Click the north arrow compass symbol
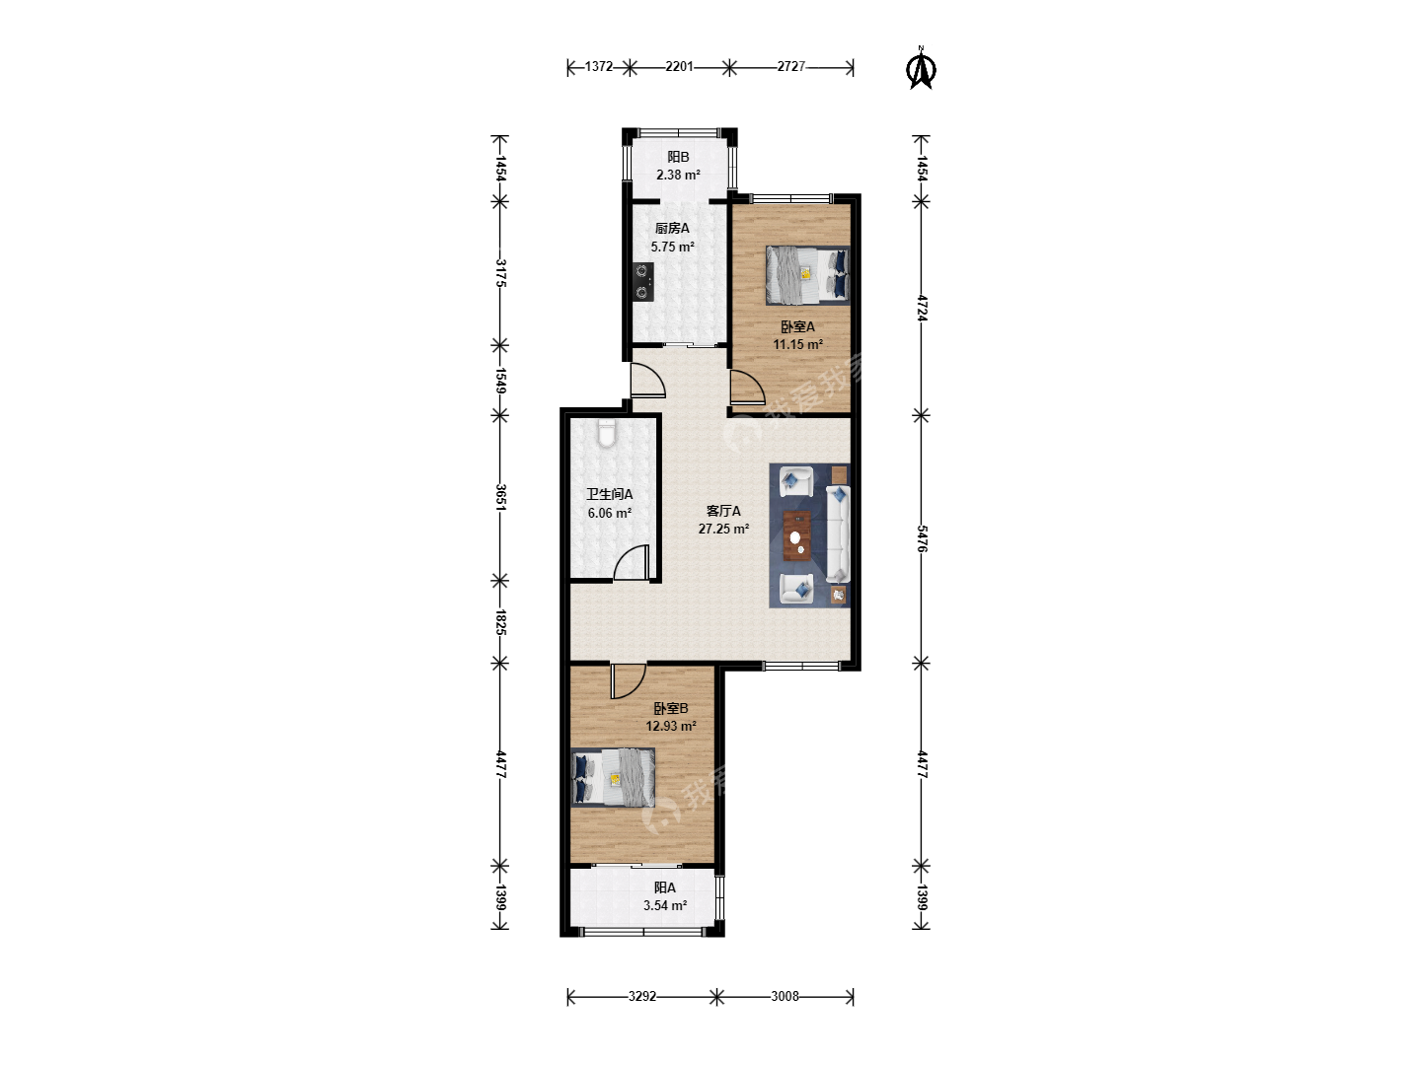tap(921, 68)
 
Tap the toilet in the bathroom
tap(606, 434)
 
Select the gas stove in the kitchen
tap(642, 281)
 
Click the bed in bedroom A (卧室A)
tap(807, 275)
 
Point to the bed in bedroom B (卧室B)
tap(613, 777)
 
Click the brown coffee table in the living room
tap(797, 535)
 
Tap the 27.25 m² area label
tap(723, 529)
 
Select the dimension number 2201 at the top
tap(679, 67)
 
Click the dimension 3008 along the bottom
tap(785, 996)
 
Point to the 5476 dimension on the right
tap(922, 538)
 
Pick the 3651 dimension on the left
tap(500, 497)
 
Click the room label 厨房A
tap(672, 228)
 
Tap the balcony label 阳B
tap(678, 157)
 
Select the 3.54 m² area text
tap(665, 905)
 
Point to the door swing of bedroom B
tap(628, 680)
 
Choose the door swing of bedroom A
tap(747, 388)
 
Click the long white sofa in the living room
tap(838, 534)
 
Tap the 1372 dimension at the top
tap(598, 67)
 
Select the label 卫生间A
tap(609, 495)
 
